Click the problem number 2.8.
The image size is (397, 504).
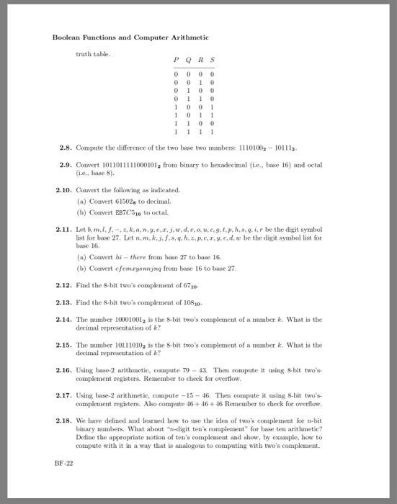[66, 150]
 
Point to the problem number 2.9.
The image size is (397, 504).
[66, 166]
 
